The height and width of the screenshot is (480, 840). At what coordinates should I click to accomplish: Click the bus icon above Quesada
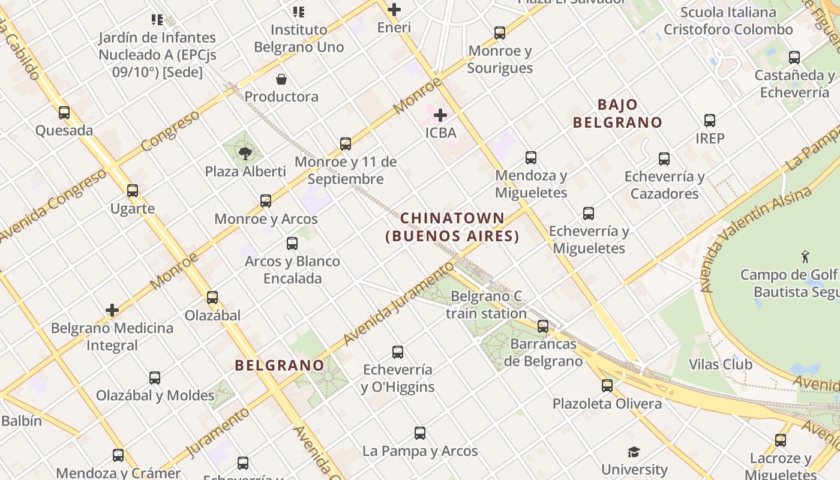[64, 112]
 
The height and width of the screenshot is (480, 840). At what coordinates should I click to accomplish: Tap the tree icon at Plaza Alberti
[245, 154]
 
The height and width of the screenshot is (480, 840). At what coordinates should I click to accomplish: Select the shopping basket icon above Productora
[281, 79]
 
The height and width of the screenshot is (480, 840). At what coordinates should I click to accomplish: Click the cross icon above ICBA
[440, 115]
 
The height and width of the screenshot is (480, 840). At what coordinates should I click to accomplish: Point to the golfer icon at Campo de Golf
[805, 257]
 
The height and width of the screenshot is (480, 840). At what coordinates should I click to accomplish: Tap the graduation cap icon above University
[634, 452]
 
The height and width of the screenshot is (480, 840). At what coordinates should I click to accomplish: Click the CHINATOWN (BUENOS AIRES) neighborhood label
[452, 227]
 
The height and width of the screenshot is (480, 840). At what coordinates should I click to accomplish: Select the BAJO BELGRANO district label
[617, 113]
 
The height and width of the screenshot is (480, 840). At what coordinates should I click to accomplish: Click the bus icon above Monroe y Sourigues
[500, 32]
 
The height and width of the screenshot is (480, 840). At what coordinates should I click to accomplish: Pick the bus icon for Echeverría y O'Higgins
[398, 352]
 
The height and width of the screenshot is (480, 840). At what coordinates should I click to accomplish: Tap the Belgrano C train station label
[486, 304]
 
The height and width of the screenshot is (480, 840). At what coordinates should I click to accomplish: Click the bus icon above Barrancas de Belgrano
[543, 326]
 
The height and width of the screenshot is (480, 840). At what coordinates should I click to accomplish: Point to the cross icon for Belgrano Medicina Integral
[112, 310]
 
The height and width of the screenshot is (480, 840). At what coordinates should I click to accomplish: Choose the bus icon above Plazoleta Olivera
[607, 385]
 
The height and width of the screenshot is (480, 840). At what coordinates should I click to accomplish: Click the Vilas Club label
[720, 364]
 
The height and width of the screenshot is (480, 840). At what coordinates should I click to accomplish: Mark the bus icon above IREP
[710, 121]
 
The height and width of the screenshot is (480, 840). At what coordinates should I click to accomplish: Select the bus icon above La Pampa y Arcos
[420, 433]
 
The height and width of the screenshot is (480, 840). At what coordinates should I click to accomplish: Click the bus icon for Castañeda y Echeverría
[794, 58]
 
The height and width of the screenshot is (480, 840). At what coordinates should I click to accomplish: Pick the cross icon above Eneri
[394, 10]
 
